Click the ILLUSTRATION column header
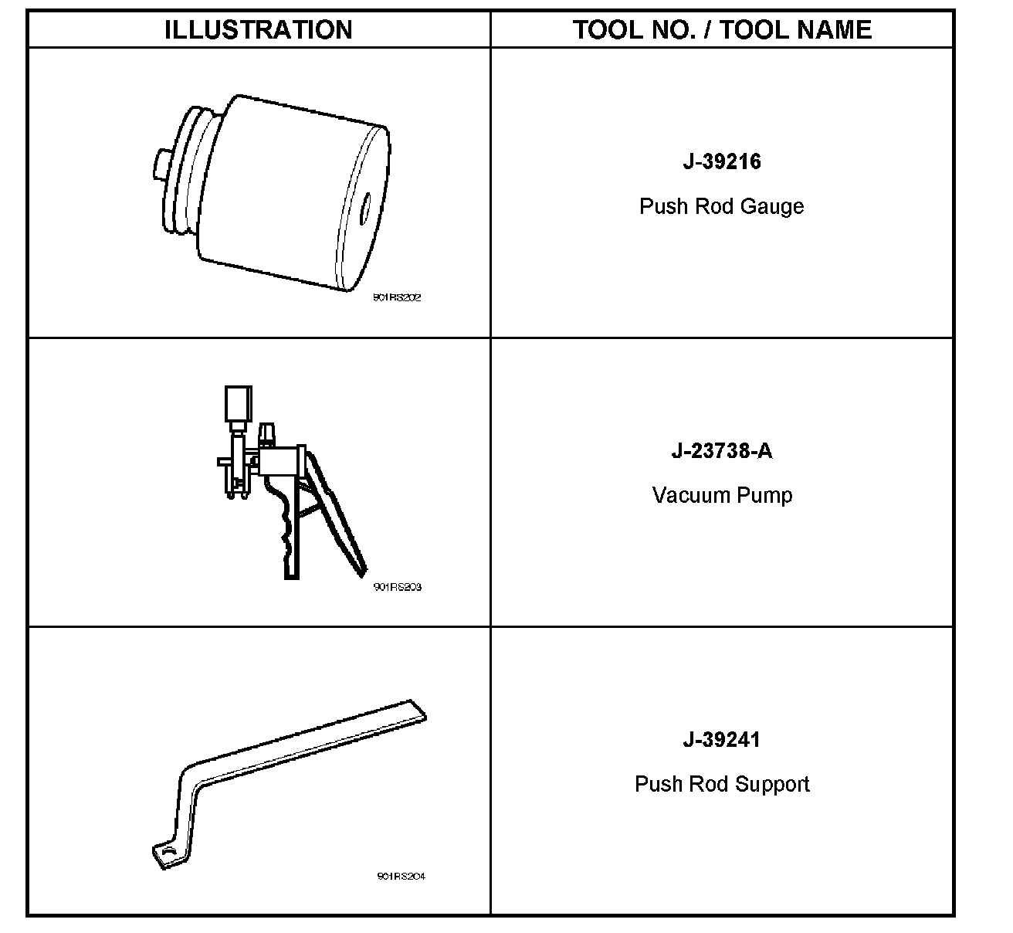pyautogui.click(x=258, y=30)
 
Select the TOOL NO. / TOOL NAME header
pyautogui.click(x=722, y=30)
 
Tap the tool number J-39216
pyautogui.click(x=722, y=161)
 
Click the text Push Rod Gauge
pyautogui.click(x=722, y=207)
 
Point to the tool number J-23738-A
pyautogui.click(x=722, y=450)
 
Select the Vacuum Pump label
pyautogui.click(x=722, y=495)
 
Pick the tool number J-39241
pyautogui.click(x=722, y=739)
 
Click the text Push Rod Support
pyautogui.click(x=722, y=785)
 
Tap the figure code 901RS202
pyautogui.click(x=397, y=298)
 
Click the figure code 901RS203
pyautogui.click(x=397, y=587)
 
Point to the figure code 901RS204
pyautogui.click(x=401, y=876)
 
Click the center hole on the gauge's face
pyautogui.click(x=364, y=209)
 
